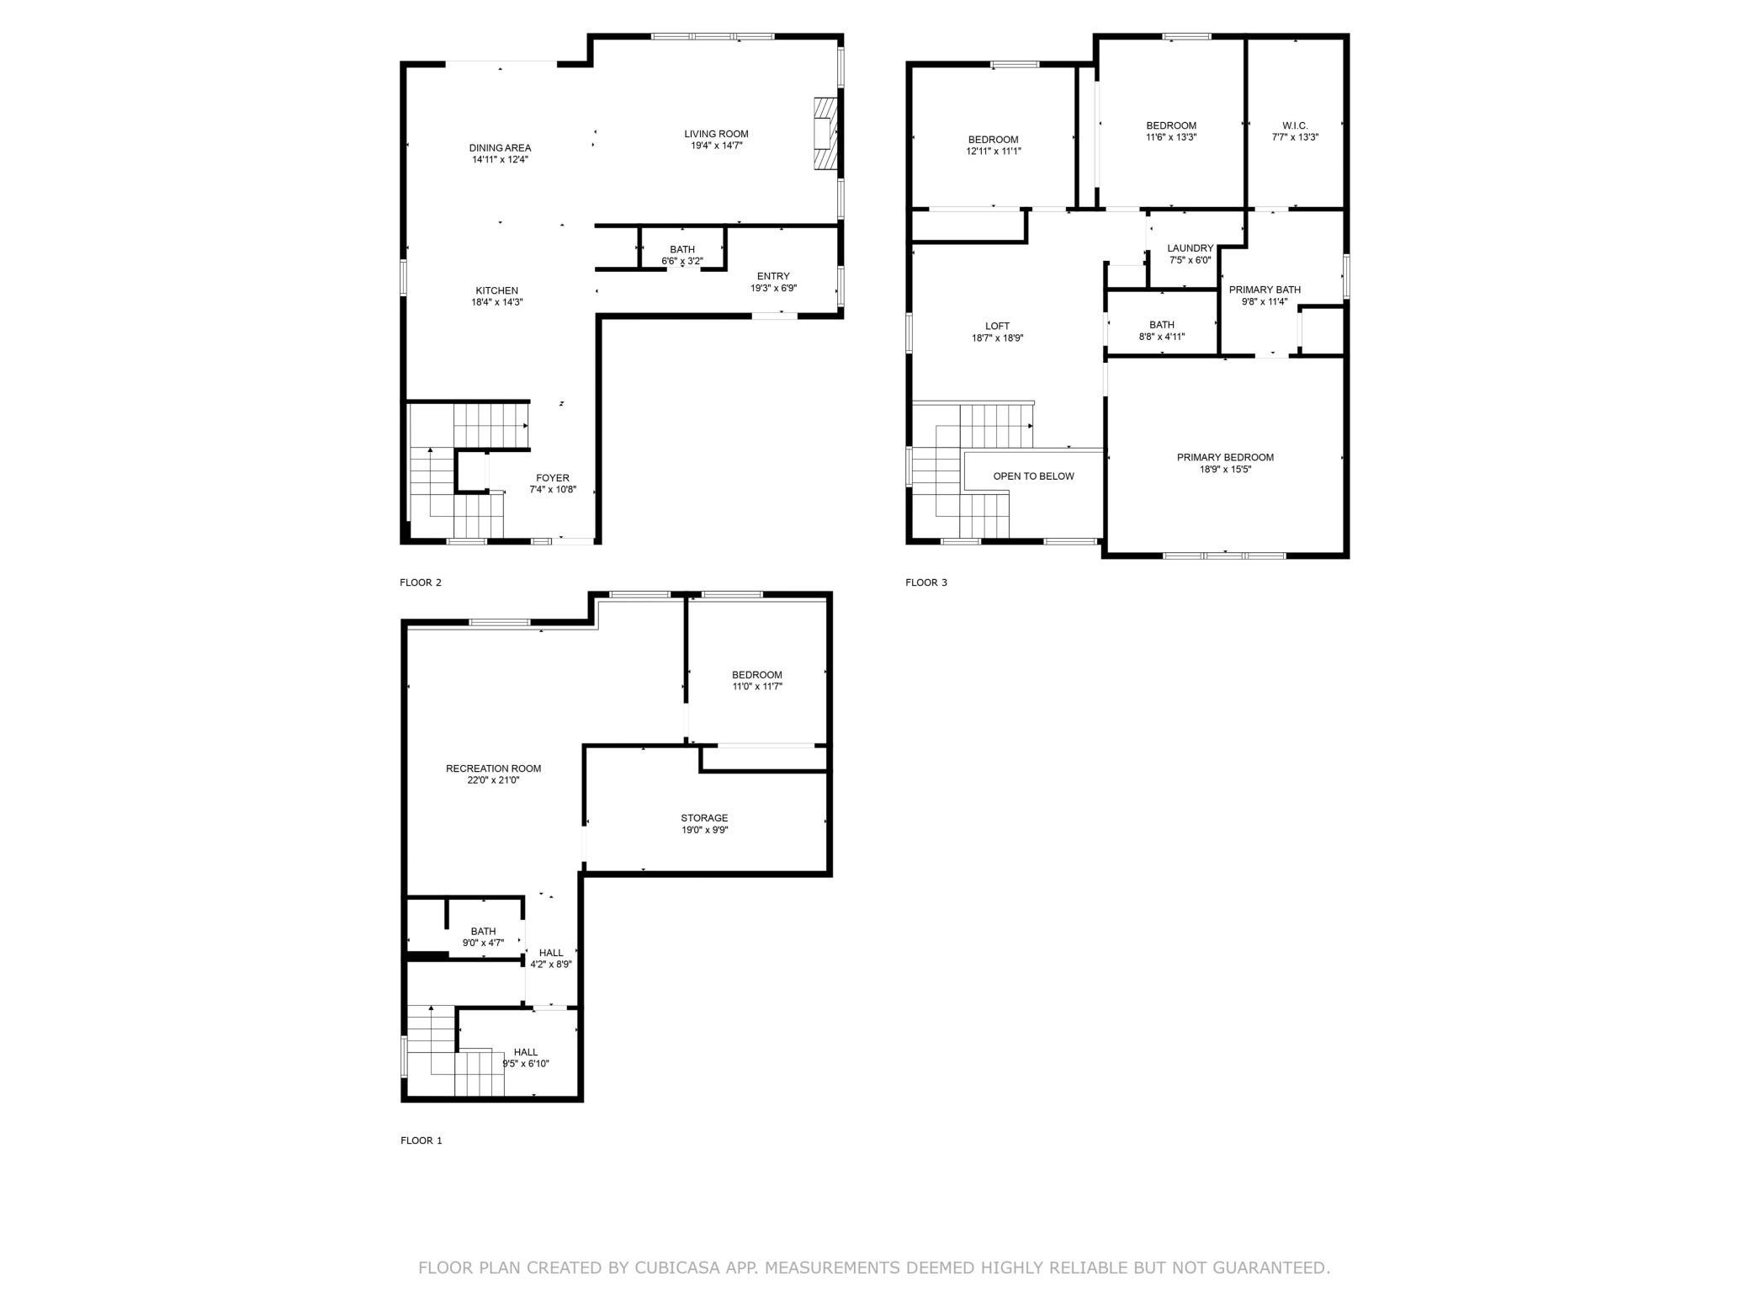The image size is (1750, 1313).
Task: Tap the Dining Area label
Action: tap(501, 148)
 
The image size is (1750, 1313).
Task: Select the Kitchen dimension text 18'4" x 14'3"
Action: tap(497, 302)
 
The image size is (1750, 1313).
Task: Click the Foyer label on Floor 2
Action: tap(553, 478)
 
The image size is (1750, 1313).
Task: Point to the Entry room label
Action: tap(773, 276)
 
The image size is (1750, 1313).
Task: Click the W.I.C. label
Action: tap(1295, 125)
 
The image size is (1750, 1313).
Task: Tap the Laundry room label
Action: tap(1191, 248)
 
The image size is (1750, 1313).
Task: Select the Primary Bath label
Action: tap(1265, 290)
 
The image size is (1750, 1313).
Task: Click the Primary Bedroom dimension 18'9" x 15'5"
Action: tap(1225, 470)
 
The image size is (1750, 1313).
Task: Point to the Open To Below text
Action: tap(1033, 476)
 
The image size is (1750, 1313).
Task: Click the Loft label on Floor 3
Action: tap(997, 327)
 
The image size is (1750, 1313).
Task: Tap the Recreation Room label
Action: tap(493, 768)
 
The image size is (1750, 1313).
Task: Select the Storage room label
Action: tap(704, 818)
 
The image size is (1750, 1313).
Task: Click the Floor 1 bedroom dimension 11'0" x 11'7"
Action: tap(757, 687)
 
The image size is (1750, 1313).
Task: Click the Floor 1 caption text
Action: tap(421, 1140)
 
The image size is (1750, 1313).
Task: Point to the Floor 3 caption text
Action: tap(926, 582)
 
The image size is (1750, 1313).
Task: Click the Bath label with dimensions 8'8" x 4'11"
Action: tap(1162, 325)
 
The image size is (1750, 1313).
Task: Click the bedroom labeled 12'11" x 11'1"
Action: tap(993, 140)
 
